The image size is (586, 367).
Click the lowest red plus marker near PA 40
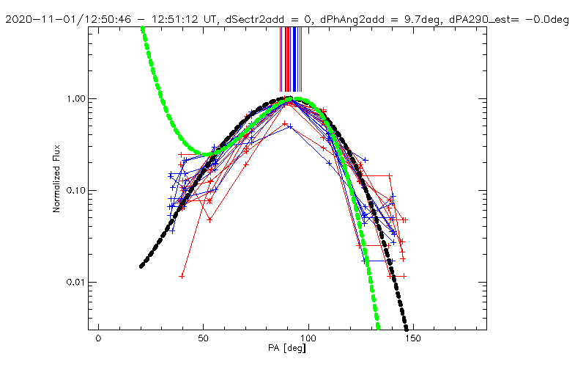[182, 276]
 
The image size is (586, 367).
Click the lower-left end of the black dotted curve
[142, 266]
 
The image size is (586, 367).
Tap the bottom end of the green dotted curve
[378, 328]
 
